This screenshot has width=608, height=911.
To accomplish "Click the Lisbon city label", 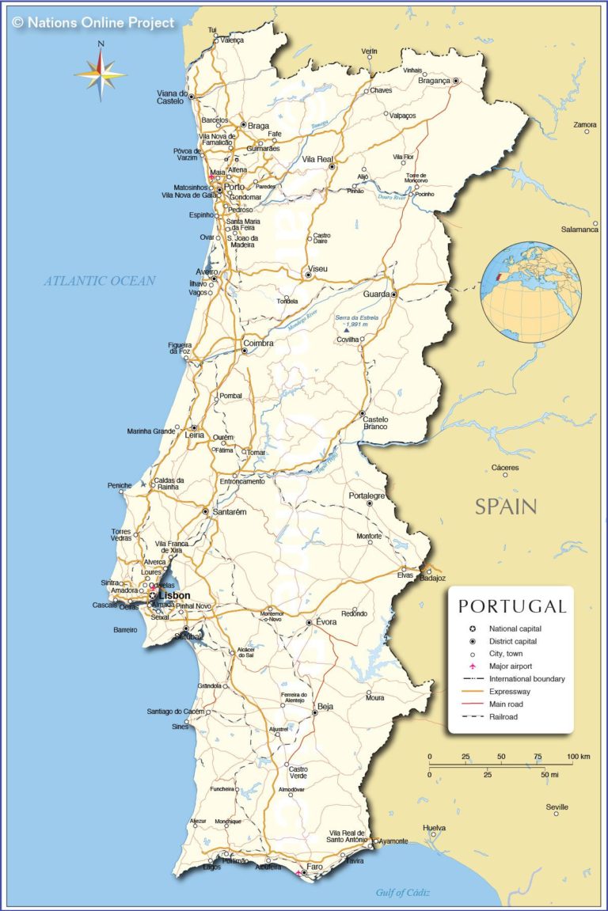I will click(175, 595).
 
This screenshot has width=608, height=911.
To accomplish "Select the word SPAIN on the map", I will click(506, 507).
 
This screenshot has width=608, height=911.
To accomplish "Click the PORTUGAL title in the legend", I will click(512, 607).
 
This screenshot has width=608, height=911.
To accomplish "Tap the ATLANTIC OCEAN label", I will click(100, 280).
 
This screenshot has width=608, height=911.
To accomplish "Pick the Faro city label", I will click(315, 867).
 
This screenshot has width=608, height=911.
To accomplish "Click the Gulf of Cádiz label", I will click(403, 893).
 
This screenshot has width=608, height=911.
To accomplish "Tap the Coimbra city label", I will click(258, 344).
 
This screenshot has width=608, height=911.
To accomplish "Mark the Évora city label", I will click(326, 622).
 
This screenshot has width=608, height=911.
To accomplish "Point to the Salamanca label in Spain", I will click(579, 230).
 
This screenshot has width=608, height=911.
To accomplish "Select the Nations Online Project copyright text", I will click(93, 23).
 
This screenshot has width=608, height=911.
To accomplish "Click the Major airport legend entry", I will click(515, 666).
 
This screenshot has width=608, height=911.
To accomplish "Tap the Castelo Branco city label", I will click(375, 422).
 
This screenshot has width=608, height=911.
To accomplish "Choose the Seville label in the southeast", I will click(557, 807).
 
